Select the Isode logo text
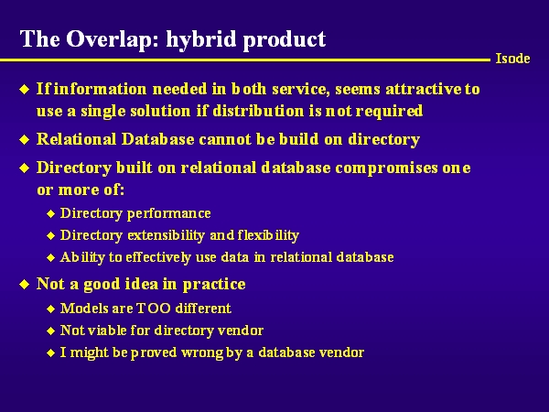click(512, 59)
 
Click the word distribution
click(258, 111)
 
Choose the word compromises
click(386, 168)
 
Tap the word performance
click(168, 213)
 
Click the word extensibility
click(166, 235)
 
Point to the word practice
click(214, 285)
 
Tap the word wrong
click(202, 353)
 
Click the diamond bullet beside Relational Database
click(24, 140)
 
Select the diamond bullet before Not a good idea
click(24, 284)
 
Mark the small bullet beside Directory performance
click(50, 213)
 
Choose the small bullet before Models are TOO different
click(50, 309)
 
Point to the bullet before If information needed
click(24, 90)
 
